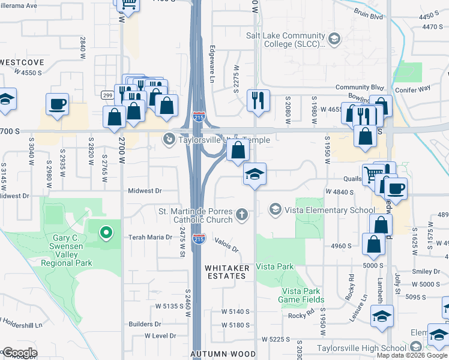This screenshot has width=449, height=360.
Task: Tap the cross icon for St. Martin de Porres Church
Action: click(x=242, y=214)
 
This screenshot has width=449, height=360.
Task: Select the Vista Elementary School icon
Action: click(x=276, y=209)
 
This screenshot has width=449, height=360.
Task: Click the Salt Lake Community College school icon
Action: click(x=334, y=40)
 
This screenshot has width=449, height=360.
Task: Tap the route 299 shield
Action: click(x=107, y=95)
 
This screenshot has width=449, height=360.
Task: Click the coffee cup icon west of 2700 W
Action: click(x=58, y=104)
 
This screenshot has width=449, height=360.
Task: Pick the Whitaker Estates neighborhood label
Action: click(x=226, y=272)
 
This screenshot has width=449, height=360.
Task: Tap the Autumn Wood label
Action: click(x=223, y=354)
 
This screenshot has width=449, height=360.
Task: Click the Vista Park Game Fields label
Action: click(x=303, y=295)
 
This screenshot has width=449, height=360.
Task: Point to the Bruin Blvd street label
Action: click(x=369, y=17)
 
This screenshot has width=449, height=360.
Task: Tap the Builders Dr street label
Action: click(x=145, y=323)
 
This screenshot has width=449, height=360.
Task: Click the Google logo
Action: click(x=19, y=353)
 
